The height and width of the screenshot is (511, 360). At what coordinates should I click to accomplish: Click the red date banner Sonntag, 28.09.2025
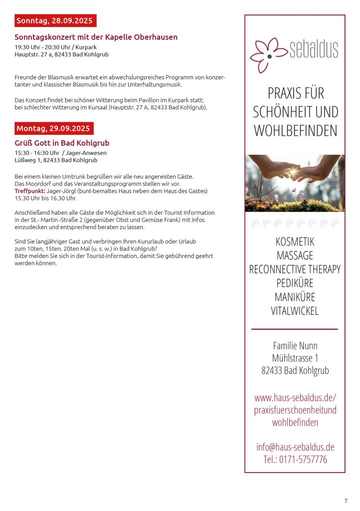click(55, 20)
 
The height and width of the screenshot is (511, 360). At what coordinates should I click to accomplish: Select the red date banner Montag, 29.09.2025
click(53, 128)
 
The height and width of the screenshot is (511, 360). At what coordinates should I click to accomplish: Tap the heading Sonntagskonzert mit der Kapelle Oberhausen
click(96, 37)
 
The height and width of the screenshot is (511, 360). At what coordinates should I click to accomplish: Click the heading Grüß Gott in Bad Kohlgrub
click(62, 143)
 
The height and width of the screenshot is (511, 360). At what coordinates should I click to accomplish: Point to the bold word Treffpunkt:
click(29, 191)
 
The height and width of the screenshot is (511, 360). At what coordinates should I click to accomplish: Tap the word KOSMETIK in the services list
click(295, 242)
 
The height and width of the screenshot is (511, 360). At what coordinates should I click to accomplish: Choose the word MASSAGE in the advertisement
click(295, 255)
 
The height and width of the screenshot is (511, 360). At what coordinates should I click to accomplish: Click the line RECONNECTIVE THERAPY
click(295, 269)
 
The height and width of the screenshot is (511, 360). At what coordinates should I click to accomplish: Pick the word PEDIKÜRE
click(295, 283)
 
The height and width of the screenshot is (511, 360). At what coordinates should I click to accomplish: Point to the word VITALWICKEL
click(295, 311)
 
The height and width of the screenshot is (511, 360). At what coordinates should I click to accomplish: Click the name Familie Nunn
click(295, 345)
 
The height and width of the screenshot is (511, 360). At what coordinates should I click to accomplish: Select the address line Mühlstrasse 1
click(295, 358)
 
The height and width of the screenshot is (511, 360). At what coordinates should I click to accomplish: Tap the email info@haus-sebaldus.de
click(295, 447)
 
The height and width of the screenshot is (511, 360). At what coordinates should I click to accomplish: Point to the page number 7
click(346, 501)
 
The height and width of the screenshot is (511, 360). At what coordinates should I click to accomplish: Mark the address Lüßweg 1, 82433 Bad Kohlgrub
click(56, 160)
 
